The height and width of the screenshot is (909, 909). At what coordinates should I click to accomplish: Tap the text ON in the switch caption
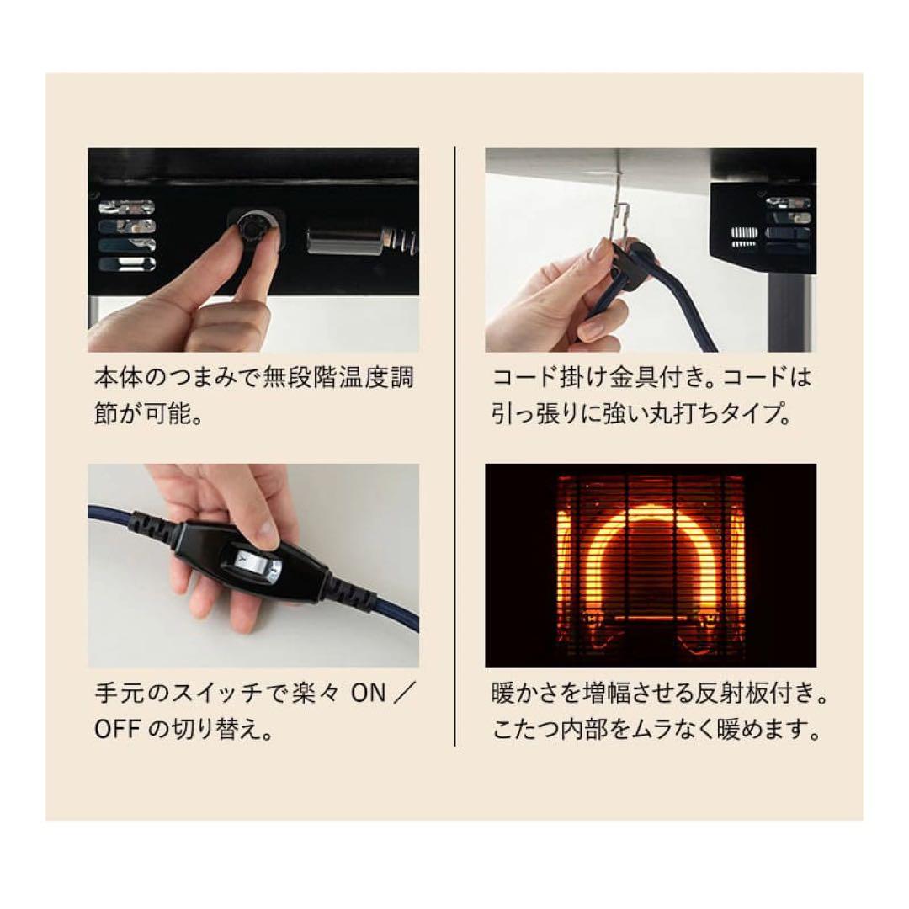point(368,694)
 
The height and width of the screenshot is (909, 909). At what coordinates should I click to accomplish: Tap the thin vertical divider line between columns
point(454,446)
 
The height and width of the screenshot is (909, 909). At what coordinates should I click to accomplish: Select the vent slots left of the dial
point(126,235)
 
